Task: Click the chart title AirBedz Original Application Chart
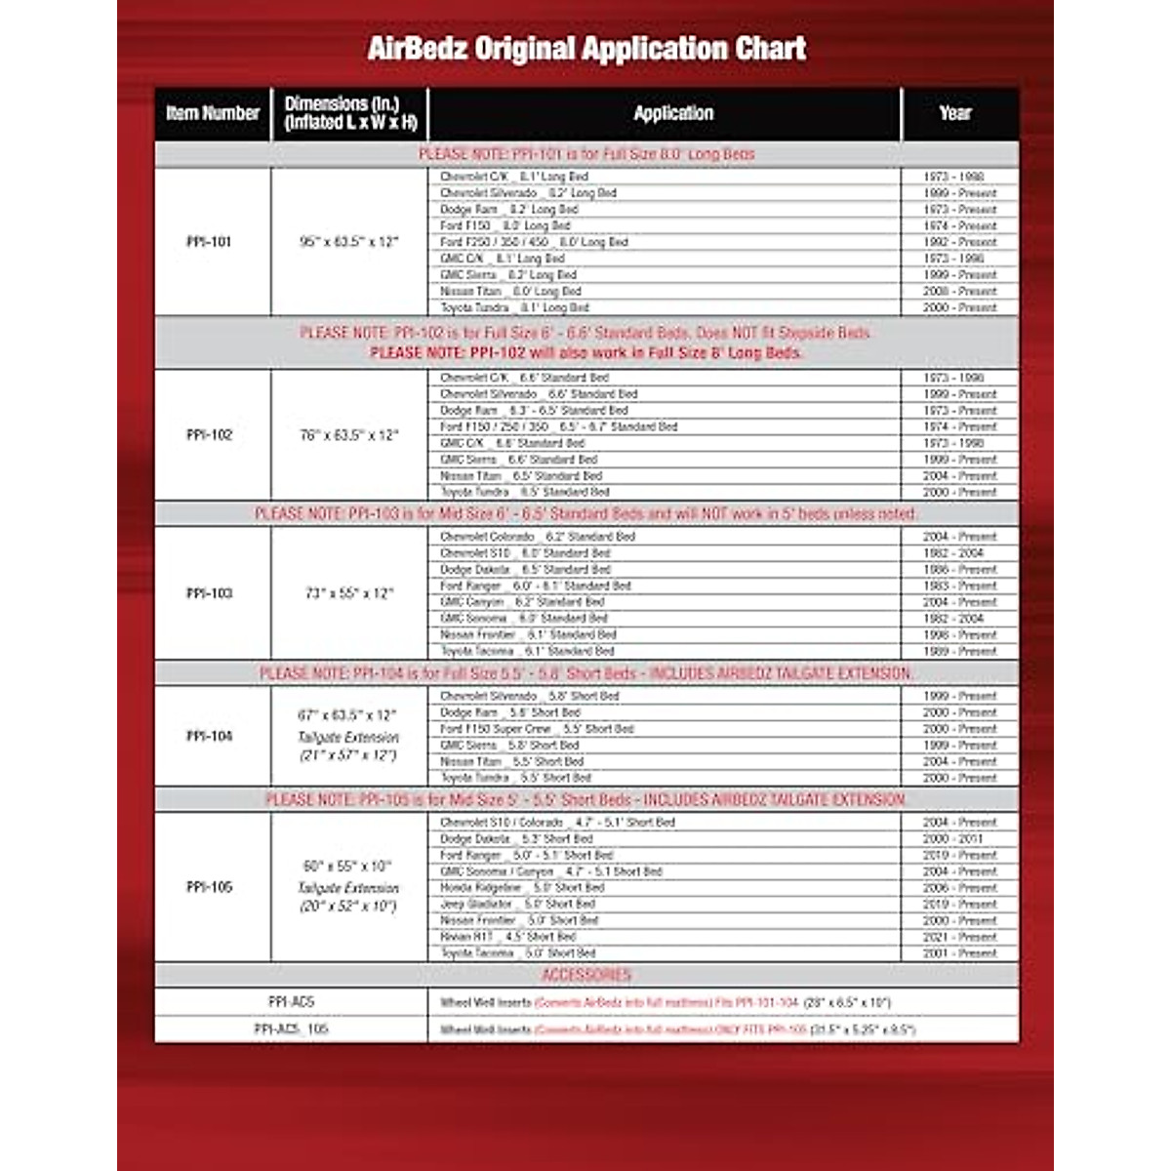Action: point(586,48)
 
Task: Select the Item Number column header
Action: point(213,113)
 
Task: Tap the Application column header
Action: point(673,113)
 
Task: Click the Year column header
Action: point(955,113)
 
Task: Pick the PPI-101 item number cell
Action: point(209,242)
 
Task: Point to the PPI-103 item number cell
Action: point(209,593)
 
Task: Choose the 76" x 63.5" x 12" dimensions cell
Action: point(348,435)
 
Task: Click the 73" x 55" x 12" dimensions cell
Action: point(348,593)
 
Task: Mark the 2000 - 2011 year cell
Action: point(959,839)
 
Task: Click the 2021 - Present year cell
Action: point(959,937)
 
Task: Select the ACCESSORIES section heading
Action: point(586,975)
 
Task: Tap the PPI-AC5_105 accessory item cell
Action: point(291,1029)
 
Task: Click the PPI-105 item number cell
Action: point(209,888)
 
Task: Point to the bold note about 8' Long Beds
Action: point(585,352)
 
